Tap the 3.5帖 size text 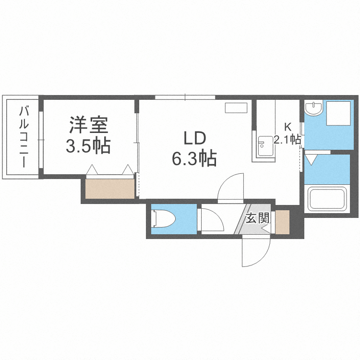[x=88, y=145]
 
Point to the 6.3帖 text [x=194, y=158]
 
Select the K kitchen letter [x=287, y=128]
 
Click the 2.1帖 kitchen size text [x=287, y=140]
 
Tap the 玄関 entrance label [x=257, y=219]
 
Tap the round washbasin [x=314, y=108]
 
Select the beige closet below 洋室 [x=110, y=189]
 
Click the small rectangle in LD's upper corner [x=236, y=108]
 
